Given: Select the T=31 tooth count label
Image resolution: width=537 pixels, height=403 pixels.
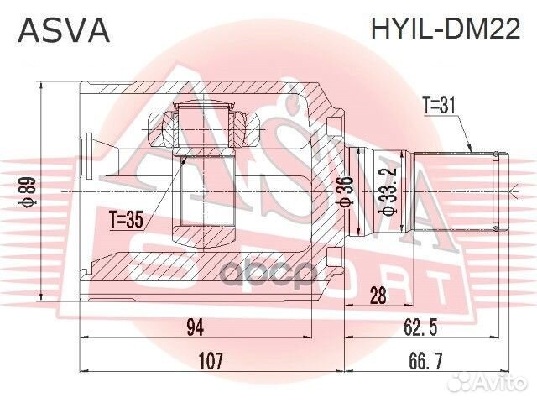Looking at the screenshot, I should click(x=441, y=107).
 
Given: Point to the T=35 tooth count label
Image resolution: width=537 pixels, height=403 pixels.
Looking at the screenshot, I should click(x=127, y=221).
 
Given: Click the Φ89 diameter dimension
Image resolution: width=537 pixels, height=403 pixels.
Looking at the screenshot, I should click(x=27, y=191).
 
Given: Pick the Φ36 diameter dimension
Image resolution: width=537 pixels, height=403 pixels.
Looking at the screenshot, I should click(x=345, y=192).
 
